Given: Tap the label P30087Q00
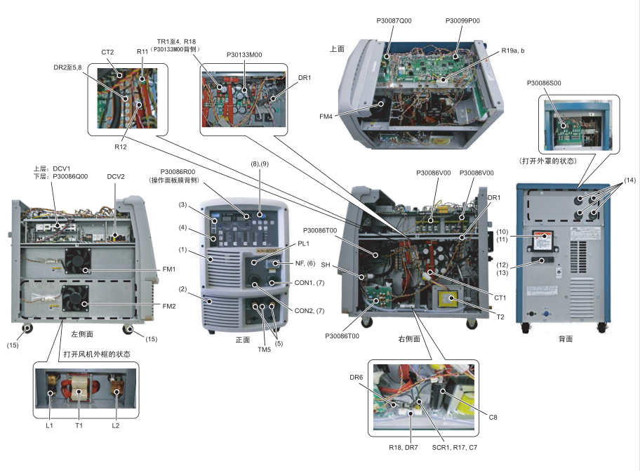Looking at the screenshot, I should pos(394,21).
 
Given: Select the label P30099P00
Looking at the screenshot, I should pos(462,21).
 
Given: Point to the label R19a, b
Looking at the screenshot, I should pos(518,51).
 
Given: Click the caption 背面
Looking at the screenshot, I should pos(566,338).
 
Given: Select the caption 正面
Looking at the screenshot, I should pos(243,339).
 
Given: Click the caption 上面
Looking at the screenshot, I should pos(337,49).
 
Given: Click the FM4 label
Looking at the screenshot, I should pos(346,116).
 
